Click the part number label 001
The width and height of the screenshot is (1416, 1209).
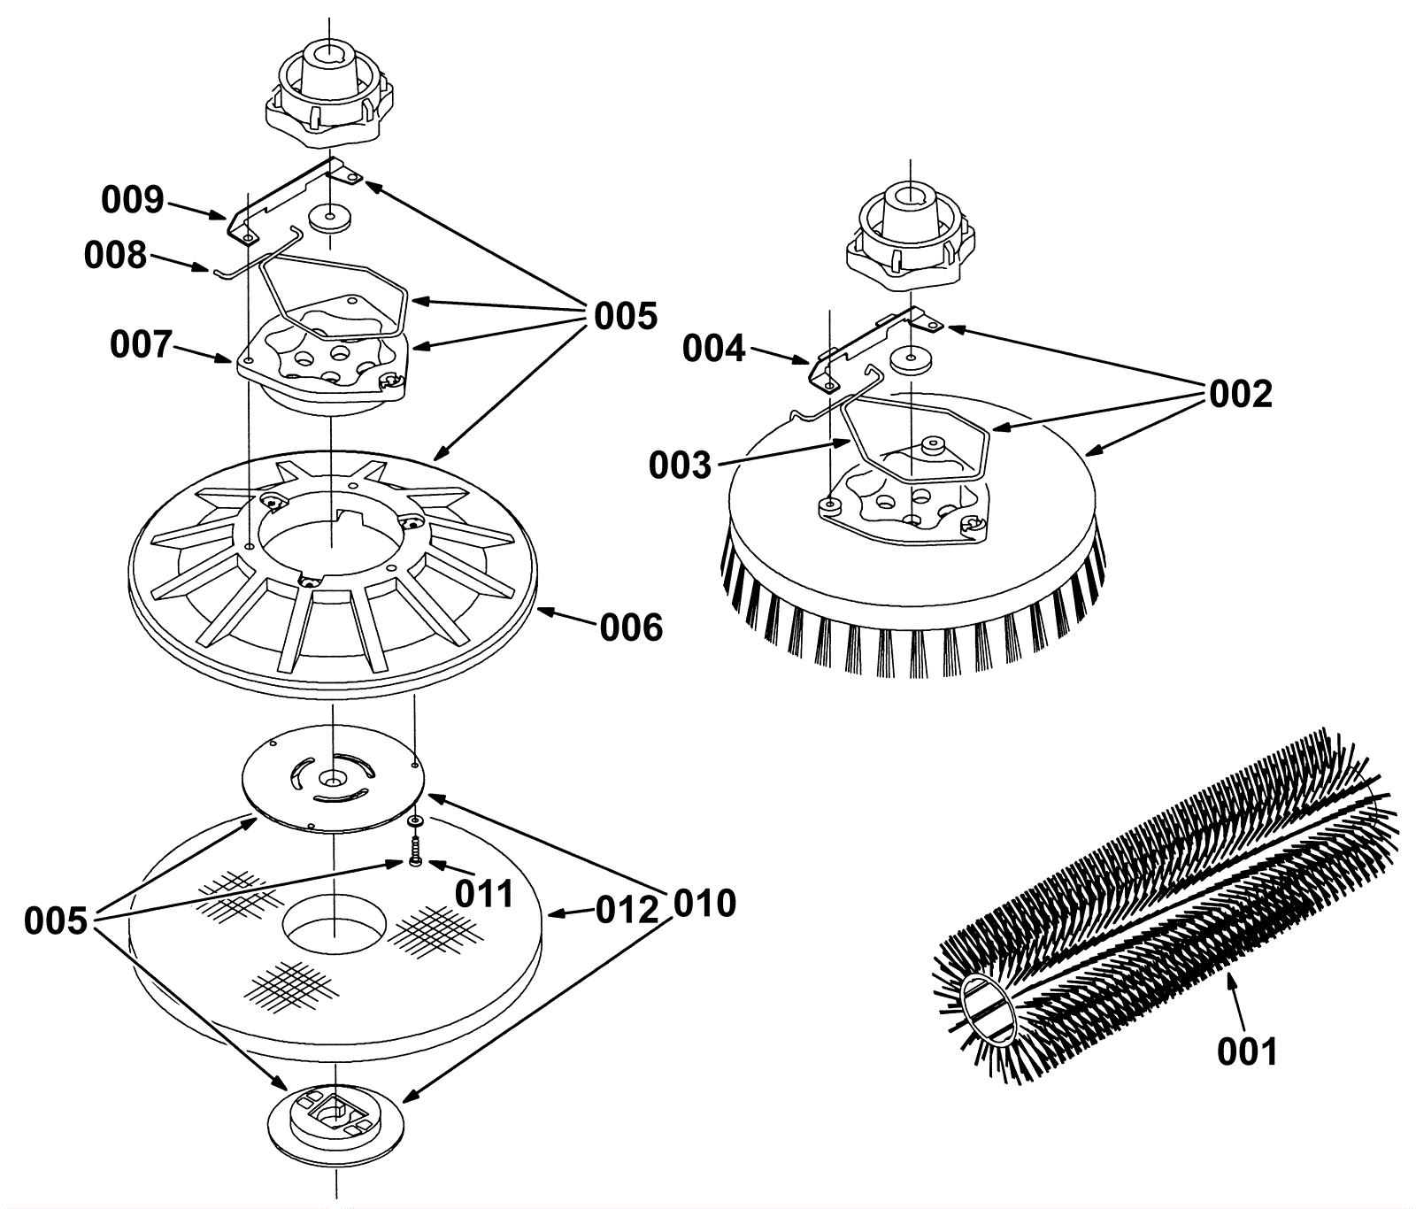(x=1247, y=1051)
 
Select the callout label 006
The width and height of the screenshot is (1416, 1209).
(x=630, y=628)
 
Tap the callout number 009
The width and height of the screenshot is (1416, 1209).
(x=132, y=200)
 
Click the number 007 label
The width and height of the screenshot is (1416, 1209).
(x=141, y=344)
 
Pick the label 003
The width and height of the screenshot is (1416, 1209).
(x=680, y=465)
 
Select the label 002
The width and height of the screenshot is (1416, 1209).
(x=1241, y=394)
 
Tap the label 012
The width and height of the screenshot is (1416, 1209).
(x=627, y=910)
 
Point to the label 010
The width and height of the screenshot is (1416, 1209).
(x=704, y=903)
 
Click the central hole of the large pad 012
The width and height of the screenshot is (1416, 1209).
(x=335, y=930)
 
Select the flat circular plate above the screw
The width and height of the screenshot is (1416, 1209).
(x=332, y=779)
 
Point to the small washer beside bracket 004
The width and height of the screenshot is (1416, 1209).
(x=902, y=358)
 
